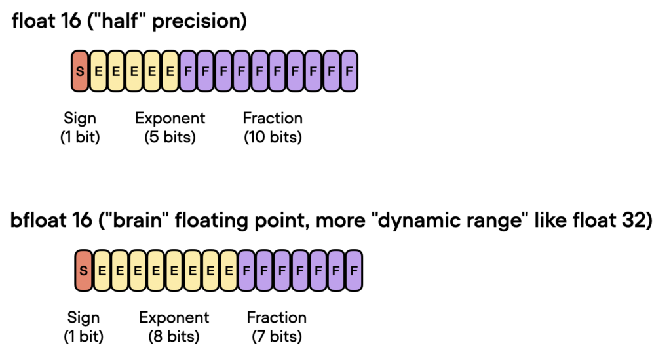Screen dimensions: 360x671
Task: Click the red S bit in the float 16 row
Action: click(80, 70)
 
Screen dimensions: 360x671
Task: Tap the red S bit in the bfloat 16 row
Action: click(83, 270)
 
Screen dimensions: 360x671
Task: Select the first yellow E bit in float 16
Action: click(98, 70)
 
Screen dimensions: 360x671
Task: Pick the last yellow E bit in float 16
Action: click(170, 70)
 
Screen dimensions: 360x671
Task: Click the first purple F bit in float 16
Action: click(188, 70)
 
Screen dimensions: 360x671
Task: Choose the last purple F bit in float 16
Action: click(349, 70)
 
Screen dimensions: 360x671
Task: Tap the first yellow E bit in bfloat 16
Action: click(102, 270)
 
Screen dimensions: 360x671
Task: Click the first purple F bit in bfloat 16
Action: click(246, 270)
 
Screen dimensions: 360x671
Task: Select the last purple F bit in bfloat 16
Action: click(354, 270)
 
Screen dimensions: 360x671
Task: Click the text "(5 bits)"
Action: click(170, 138)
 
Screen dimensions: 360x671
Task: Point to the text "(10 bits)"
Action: click(273, 138)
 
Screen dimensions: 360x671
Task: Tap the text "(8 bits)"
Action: click(174, 338)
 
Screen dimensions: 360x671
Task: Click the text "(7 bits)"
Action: click(277, 338)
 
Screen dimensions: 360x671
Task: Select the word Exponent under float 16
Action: click(170, 119)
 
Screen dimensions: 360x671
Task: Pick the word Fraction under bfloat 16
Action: click(277, 318)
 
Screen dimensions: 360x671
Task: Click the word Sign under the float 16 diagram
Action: click(80, 119)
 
